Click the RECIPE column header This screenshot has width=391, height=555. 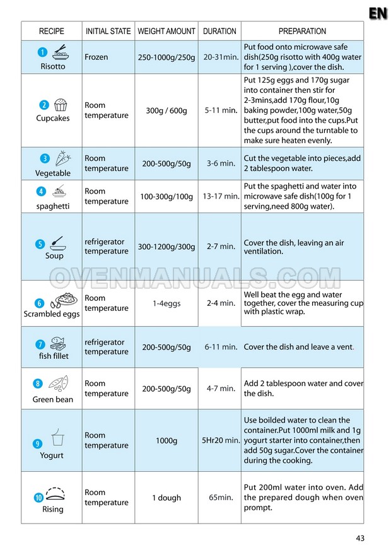pyautogui.click(x=52, y=31)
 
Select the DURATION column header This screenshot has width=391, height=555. pyautogui.click(x=219, y=31)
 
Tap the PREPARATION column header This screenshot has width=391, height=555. pyautogui.click(x=302, y=31)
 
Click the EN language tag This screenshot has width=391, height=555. pyautogui.click(x=378, y=13)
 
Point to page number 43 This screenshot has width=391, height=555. pyautogui.click(x=360, y=538)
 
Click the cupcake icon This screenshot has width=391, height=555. pyautogui.click(x=61, y=105)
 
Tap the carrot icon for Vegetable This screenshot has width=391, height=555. pyautogui.click(x=62, y=158)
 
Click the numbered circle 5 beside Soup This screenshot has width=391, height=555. pyautogui.click(x=40, y=244)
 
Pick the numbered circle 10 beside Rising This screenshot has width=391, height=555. pyautogui.click(x=38, y=498)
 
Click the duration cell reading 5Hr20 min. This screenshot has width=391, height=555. pyautogui.click(x=220, y=440)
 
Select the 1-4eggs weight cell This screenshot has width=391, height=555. pyautogui.click(x=166, y=303)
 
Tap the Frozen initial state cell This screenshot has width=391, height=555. pyautogui.click(x=96, y=57)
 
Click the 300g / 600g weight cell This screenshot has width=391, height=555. pyautogui.click(x=166, y=110)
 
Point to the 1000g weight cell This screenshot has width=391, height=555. pyautogui.click(x=166, y=440)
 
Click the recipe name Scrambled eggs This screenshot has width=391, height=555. pyautogui.click(x=52, y=313)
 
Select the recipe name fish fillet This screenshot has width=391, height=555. pyautogui.click(x=54, y=356)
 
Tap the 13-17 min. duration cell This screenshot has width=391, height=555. pyautogui.click(x=219, y=197)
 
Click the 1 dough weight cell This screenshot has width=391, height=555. pyautogui.click(x=166, y=498)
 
